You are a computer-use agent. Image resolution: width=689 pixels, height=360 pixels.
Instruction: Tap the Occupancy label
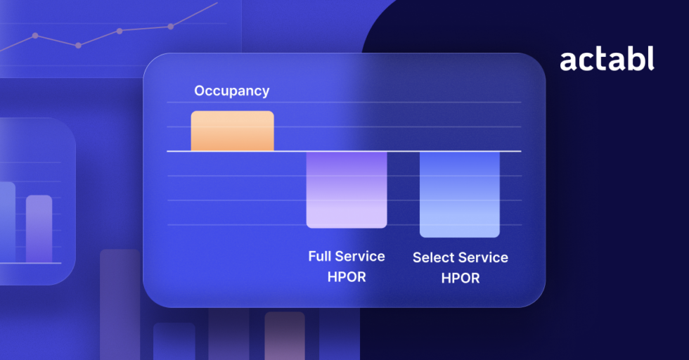click(232, 91)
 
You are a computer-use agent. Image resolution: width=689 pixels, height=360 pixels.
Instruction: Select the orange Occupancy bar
click(233, 131)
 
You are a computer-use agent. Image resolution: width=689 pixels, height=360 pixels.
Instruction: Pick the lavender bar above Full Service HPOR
click(347, 190)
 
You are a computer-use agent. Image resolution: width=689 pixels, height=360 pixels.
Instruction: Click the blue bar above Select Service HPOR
click(460, 195)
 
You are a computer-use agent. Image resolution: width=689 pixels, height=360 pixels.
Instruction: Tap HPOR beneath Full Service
click(347, 277)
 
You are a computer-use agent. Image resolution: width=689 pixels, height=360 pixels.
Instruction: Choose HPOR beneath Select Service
click(461, 278)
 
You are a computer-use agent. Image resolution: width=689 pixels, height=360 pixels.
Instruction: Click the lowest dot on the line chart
click(78, 45)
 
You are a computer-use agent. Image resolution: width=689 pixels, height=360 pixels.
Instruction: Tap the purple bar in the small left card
click(39, 229)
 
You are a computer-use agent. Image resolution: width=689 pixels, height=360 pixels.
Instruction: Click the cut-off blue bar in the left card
click(8, 222)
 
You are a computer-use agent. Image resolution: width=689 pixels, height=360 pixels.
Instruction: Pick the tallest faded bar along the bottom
click(120, 304)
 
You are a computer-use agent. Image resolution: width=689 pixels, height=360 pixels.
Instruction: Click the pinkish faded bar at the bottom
click(285, 336)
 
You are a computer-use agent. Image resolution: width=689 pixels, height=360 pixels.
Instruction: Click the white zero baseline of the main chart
click(344, 151)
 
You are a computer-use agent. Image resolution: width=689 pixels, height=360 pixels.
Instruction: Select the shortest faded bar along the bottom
click(174, 342)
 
